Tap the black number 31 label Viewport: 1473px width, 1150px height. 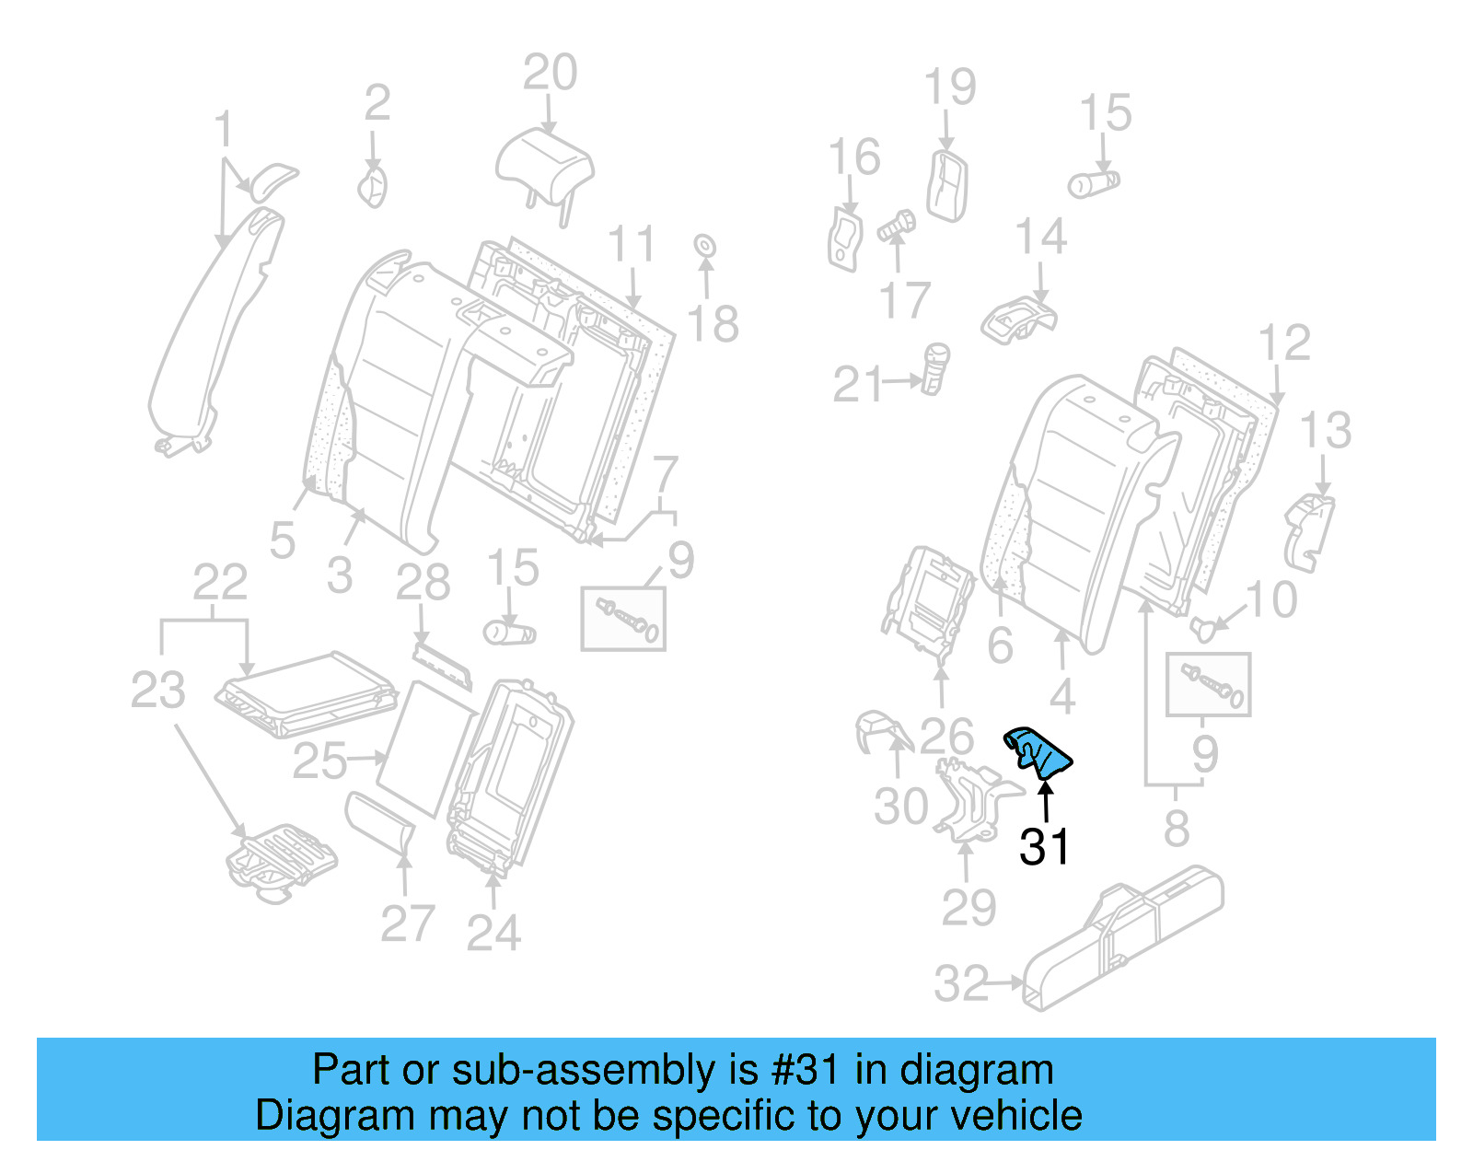click(x=1044, y=847)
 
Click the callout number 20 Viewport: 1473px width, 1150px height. click(x=550, y=73)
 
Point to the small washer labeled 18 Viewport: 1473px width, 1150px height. click(x=704, y=246)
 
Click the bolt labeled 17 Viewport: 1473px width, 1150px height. click(x=895, y=227)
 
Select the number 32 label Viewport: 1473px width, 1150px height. click(x=960, y=983)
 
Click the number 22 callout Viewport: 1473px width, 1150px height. click(x=220, y=583)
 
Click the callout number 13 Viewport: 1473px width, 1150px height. click(x=1325, y=430)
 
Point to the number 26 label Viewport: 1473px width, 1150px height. click(x=946, y=737)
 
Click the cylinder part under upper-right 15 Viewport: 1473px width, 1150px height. click(x=1094, y=183)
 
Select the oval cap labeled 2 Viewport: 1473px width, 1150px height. click(x=373, y=187)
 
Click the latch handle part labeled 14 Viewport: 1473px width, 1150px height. click(x=1017, y=318)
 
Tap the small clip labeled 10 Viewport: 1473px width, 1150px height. click(x=1202, y=629)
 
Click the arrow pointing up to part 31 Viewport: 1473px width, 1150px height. click(x=1046, y=800)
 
